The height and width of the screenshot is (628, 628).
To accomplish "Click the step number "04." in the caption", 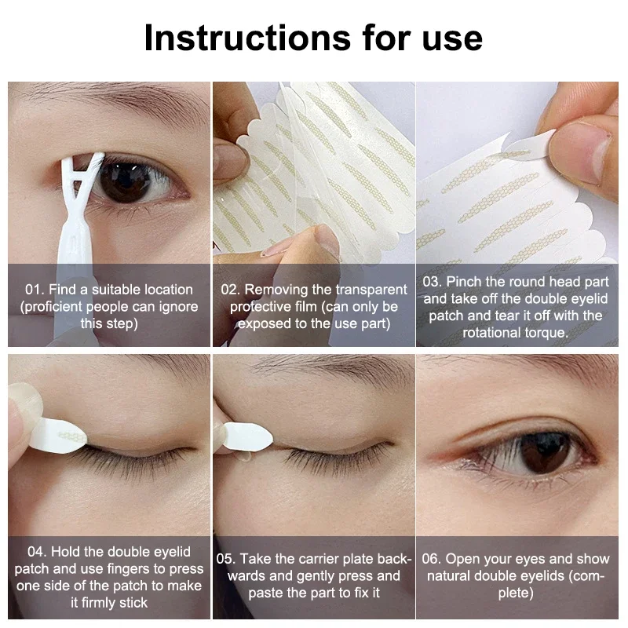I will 39,552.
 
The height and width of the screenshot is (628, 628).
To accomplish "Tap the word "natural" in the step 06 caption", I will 451,576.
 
